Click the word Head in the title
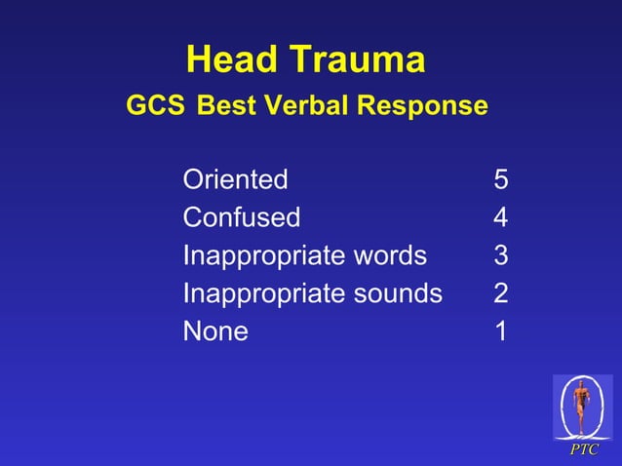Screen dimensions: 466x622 (230, 60)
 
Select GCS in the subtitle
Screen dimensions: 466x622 (155, 104)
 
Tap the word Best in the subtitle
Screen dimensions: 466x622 (225, 104)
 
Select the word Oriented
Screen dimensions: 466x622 (235, 179)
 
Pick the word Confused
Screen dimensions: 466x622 (241, 217)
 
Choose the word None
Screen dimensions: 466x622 (215, 331)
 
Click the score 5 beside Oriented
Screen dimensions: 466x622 (501, 179)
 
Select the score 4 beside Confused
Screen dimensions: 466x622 (501, 217)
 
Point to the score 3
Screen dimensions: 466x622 (501, 255)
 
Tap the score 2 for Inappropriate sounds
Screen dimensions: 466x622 (501, 293)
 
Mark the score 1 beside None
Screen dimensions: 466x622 (501, 331)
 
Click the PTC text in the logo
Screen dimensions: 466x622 (584, 449)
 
